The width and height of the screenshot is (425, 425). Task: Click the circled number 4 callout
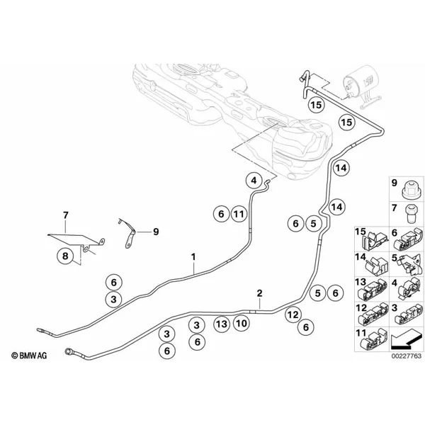[254, 181]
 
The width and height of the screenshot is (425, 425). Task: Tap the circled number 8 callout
[65, 256]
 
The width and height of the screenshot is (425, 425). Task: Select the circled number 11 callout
[239, 214]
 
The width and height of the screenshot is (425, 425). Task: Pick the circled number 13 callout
[222, 324]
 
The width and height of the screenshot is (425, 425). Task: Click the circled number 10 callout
[242, 324]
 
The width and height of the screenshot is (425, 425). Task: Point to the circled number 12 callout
[293, 315]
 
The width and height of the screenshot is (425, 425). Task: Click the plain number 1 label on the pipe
[193, 256]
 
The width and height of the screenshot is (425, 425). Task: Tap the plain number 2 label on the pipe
[259, 293]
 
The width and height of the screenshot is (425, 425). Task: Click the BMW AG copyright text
[29, 356]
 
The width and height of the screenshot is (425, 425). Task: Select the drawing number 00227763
[407, 356]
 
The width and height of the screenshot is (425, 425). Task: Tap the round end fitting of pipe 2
[67, 351]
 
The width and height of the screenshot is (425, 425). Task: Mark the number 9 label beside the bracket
[156, 232]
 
